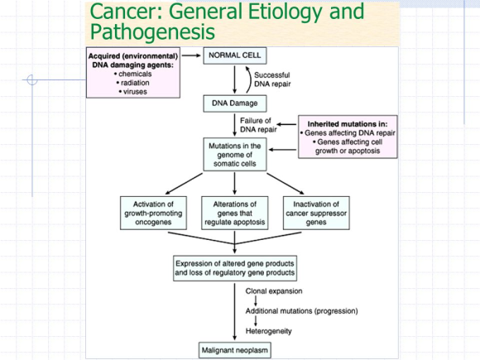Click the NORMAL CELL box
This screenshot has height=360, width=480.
[x=235, y=55]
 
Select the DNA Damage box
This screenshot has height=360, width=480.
[x=235, y=103]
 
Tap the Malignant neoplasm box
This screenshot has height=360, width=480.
[x=235, y=350]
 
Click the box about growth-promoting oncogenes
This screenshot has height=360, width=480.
[x=153, y=213]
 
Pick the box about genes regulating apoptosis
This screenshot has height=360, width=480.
[x=235, y=213]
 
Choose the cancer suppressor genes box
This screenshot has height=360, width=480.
[x=316, y=213]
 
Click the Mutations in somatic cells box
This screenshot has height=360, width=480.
[x=235, y=154]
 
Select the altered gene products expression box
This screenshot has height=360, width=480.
[x=235, y=268]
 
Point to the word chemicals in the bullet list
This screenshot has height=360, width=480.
[x=135, y=74]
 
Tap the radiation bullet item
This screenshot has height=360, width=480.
[x=135, y=83]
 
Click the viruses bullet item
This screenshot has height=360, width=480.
[x=135, y=92]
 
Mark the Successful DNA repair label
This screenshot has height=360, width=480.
[x=272, y=79]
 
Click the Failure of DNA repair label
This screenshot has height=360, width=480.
[x=258, y=125]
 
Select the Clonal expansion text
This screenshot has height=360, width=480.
[x=274, y=291]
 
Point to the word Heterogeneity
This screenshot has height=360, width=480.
[x=268, y=331]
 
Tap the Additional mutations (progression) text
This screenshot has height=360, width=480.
[x=301, y=311]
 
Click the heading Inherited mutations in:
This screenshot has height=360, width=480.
[x=348, y=124]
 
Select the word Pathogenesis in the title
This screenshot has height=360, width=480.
[x=152, y=31]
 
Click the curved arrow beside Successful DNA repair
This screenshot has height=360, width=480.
[x=252, y=79]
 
